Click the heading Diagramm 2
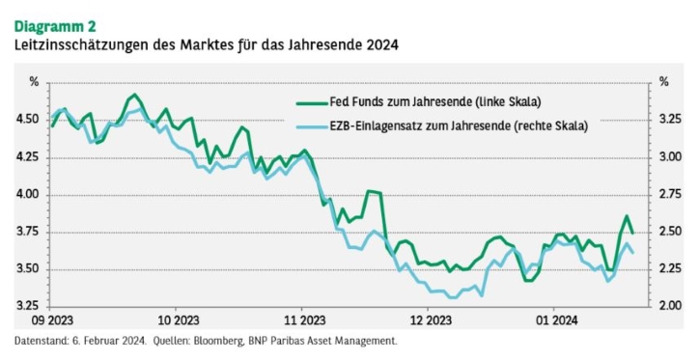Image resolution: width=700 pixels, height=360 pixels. [x=55, y=27]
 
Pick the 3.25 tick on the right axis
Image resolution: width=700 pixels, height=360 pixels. [x=670, y=120]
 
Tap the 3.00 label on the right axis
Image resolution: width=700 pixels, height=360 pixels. [x=670, y=157]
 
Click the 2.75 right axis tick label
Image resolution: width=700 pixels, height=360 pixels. [x=670, y=195]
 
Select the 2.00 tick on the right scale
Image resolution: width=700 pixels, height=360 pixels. [x=670, y=306]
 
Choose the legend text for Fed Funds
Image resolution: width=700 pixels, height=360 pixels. [x=435, y=102]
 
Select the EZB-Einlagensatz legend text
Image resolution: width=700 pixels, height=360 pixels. [x=459, y=125]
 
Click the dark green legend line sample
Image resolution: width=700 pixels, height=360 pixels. [x=312, y=103]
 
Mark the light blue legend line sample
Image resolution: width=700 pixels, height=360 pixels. [x=312, y=127]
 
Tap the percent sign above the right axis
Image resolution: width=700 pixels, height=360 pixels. [x=664, y=82]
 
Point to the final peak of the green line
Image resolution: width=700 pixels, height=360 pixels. [x=627, y=216]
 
